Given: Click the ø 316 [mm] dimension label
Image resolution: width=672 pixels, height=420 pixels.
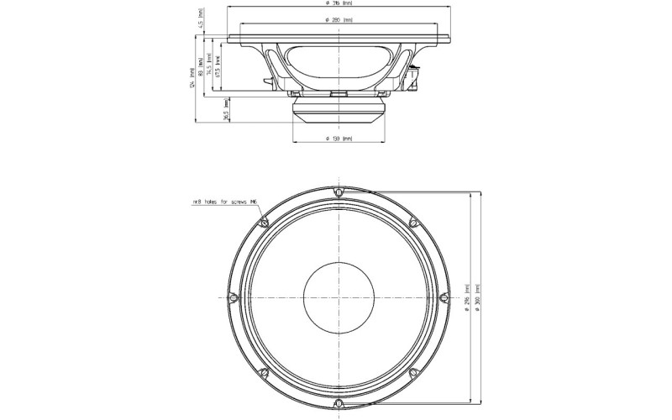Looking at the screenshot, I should (336, 4).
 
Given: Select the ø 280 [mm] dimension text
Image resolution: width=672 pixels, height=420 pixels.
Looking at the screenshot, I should (336, 18).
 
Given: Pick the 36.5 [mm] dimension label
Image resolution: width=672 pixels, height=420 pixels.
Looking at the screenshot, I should (226, 113).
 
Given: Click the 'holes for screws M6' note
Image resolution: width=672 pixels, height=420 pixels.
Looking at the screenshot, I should (225, 202).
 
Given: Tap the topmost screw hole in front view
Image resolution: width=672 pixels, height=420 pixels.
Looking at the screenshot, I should (338, 192).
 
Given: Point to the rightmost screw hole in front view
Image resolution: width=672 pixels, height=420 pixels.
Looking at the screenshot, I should (443, 297).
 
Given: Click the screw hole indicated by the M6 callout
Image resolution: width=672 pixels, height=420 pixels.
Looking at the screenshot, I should (264, 223).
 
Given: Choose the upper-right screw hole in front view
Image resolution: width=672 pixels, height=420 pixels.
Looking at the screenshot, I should (412, 223).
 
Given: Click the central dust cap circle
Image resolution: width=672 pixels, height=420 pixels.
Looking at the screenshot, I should (338, 297).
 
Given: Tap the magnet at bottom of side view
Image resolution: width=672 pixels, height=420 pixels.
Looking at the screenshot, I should (338, 108).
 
